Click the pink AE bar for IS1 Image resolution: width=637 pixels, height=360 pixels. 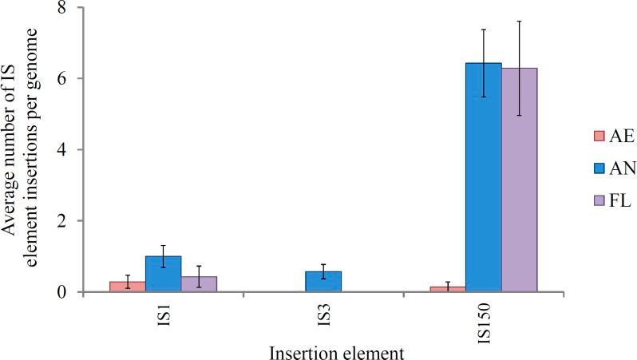pos(127,287)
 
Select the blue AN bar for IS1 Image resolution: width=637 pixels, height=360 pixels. pos(163,274)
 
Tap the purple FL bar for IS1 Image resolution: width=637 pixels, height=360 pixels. pos(199,284)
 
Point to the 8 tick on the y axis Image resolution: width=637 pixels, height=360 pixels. pos(61,8)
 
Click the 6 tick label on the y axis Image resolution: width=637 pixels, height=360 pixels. pos(61,78)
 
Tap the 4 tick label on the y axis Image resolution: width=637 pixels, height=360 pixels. pos(61,149)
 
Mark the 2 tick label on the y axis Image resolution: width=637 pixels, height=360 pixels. pos(61,220)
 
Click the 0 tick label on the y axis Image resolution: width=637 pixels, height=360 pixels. pos(61,291)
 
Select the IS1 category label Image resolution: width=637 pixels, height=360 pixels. pos(163,312)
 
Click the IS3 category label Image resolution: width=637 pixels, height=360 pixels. pos(323,312)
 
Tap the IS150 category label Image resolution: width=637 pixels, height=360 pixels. pos(483,317)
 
